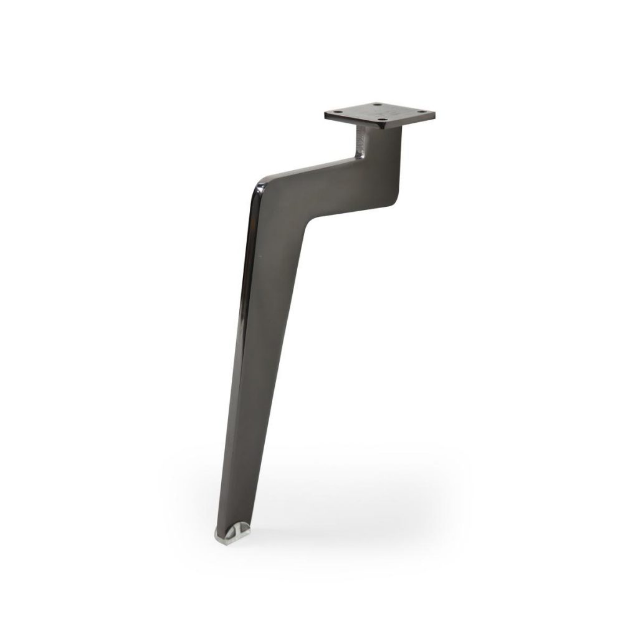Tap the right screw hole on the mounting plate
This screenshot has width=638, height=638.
point(424,113)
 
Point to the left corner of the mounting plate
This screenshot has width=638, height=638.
point(325,115)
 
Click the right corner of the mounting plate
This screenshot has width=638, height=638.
point(434,114)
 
